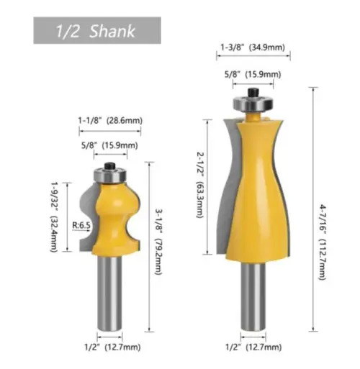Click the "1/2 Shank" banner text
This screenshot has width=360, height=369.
pos(96,31)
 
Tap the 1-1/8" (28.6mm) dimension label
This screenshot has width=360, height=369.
pos(110,120)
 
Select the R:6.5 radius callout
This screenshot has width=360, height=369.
pos(81,225)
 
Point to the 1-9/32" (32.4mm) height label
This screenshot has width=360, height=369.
pos(54,217)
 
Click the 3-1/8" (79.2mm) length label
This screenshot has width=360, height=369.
pos(159,242)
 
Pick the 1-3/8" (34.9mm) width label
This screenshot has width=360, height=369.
pos(253,47)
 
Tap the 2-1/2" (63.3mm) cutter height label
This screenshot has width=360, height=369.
pos(200,185)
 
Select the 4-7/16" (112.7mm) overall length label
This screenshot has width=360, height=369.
pos(323,242)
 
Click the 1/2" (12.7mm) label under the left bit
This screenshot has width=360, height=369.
pos(112,347)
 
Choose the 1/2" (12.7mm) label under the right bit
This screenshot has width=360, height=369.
pos(253,347)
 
